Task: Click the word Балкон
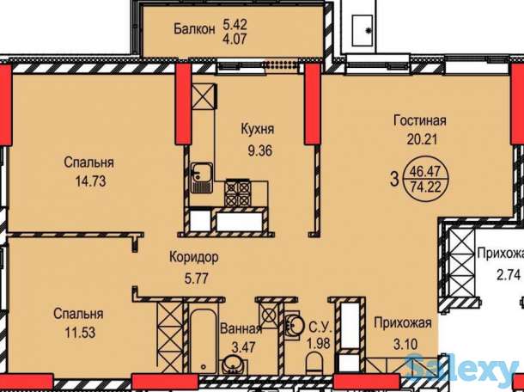click(194, 29)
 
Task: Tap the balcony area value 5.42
click(235, 24)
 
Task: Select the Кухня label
click(258, 129)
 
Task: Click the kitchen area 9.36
click(259, 150)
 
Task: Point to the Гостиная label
click(420, 120)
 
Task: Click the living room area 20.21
click(422, 139)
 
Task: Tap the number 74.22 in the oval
click(425, 187)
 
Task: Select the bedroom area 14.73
click(90, 181)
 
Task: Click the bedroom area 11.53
click(80, 333)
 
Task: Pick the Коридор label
click(194, 257)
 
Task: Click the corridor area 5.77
click(197, 278)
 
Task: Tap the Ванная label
click(241, 328)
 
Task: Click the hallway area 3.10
click(405, 344)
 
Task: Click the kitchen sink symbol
click(202, 178)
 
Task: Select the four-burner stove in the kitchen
click(238, 193)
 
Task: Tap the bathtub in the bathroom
click(203, 340)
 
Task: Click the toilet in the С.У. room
click(314, 364)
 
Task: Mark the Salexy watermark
click(465, 370)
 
